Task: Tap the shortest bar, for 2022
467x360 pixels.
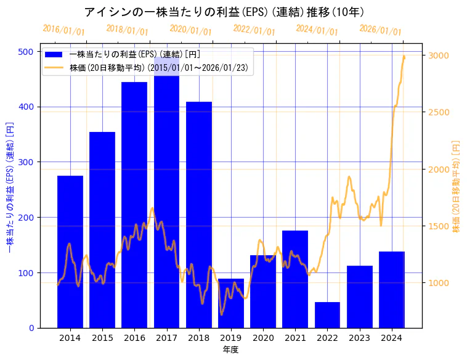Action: (327, 314)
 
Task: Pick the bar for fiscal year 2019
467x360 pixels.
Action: (231, 303)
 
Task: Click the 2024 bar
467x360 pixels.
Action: (392, 289)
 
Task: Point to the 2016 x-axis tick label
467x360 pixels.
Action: (134, 338)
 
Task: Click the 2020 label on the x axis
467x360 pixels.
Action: (263, 338)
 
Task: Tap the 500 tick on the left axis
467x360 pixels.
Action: (26, 52)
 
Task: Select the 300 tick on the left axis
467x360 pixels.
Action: (26, 162)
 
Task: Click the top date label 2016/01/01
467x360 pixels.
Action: (64, 30)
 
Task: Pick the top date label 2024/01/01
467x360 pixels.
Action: (317, 30)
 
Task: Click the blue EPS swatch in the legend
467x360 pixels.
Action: (54, 55)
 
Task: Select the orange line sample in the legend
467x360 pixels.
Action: (54, 68)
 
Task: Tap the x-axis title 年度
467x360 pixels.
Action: (230, 350)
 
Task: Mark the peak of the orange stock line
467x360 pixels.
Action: (404, 56)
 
